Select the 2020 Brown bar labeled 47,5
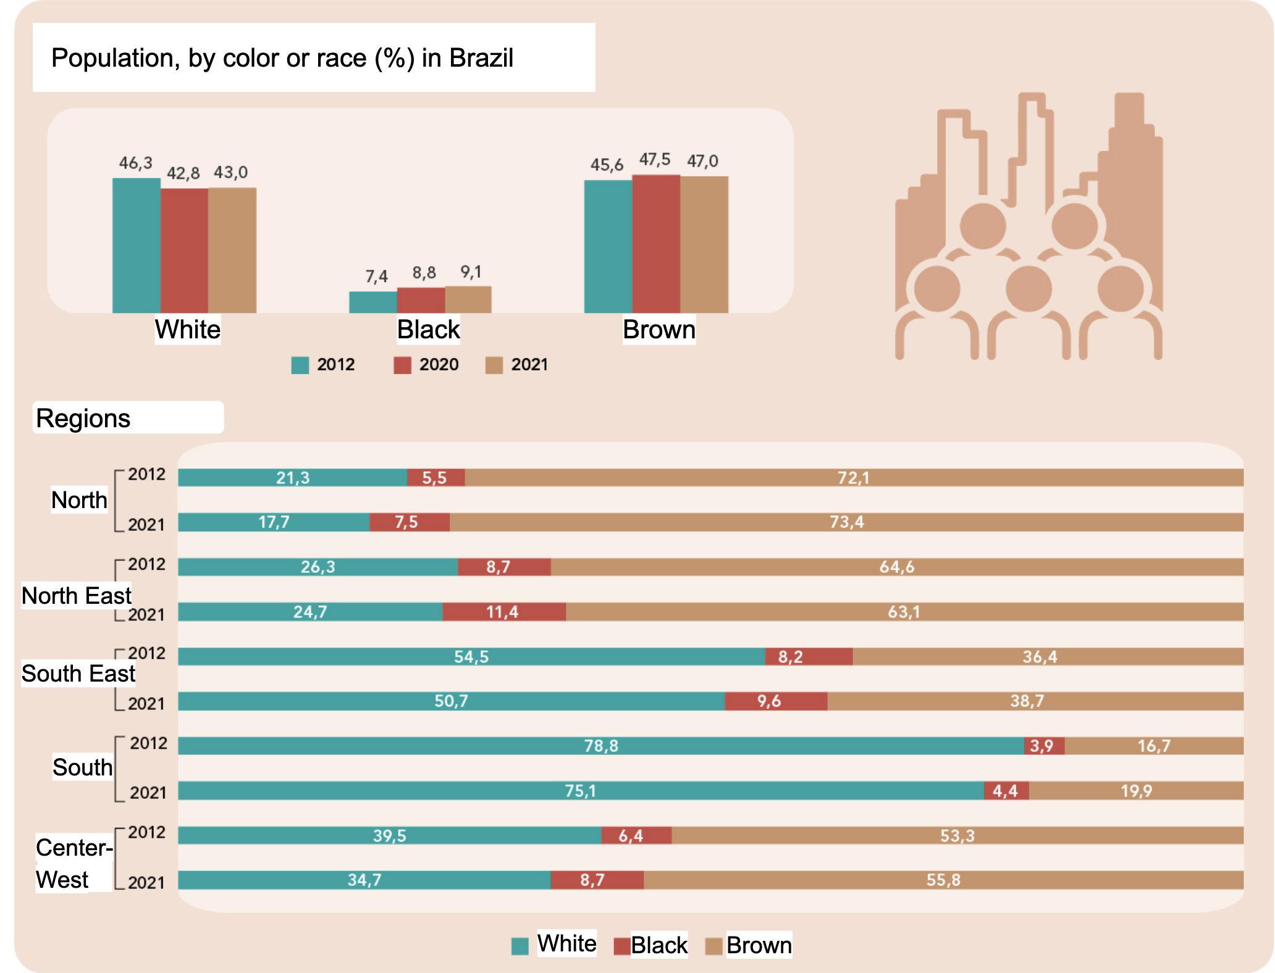click(655, 243)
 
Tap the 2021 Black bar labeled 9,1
click(468, 299)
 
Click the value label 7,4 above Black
click(376, 276)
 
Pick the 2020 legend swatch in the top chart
click(402, 365)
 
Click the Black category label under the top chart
click(428, 330)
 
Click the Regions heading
click(83, 419)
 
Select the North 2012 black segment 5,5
click(436, 477)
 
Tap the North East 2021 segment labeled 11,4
click(503, 612)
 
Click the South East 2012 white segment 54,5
click(471, 656)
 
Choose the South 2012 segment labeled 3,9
click(1043, 746)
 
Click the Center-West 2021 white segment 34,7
click(364, 880)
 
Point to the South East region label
click(78, 674)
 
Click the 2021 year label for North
click(146, 525)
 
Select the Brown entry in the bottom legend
click(758, 945)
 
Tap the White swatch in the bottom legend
click(520, 946)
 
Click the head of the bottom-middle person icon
click(1028, 288)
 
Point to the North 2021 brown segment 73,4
click(846, 522)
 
